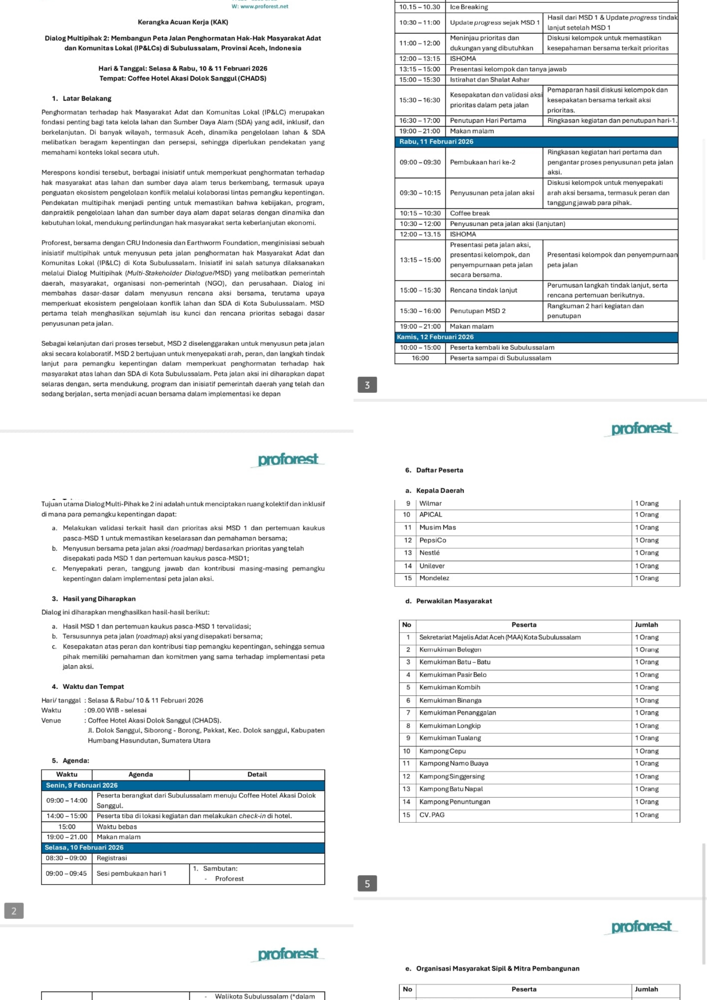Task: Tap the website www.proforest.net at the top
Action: click(x=260, y=7)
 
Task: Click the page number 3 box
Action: click(x=367, y=385)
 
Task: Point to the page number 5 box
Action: click(x=367, y=884)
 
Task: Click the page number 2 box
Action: click(x=14, y=911)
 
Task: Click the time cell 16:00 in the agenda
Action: click(x=420, y=358)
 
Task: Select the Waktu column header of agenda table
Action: click(x=67, y=775)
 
